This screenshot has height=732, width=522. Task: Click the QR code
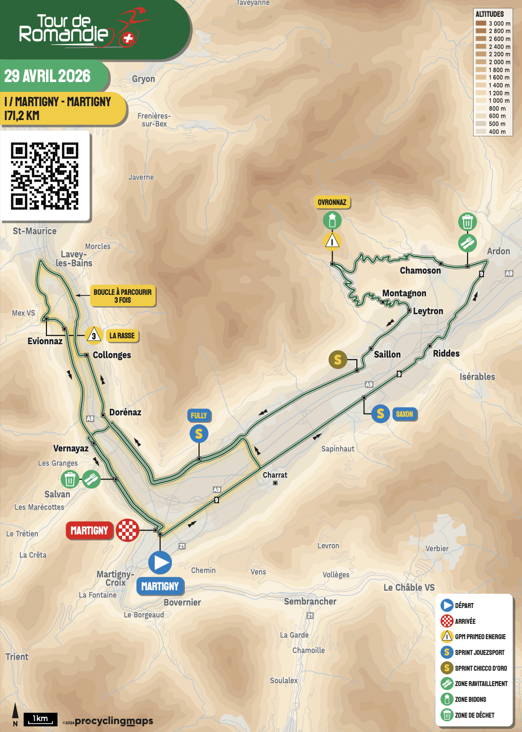(45, 176)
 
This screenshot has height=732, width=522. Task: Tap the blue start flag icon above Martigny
(160, 563)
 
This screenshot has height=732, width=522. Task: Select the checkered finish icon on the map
(128, 530)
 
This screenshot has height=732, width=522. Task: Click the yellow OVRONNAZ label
(332, 202)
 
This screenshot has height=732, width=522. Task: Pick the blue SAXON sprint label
(404, 414)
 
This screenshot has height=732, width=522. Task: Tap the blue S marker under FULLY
(199, 434)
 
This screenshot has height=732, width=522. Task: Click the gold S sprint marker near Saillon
(338, 360)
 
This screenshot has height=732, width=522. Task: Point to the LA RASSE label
(122, 336)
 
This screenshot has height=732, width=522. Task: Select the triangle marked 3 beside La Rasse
(94, 335)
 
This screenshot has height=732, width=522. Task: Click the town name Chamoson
(420, 270)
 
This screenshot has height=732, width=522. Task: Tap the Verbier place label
(437, 548)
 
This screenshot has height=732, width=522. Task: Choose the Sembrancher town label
(310, 601)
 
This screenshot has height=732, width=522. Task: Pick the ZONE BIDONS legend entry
(470, 699)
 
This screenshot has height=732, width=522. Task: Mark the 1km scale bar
(40, 720)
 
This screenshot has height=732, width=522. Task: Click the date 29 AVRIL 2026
(47, 76)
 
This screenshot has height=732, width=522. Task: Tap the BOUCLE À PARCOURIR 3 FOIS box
(123, 296)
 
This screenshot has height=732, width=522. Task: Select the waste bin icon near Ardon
(467, 222)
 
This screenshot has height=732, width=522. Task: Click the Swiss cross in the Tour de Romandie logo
(128, 39)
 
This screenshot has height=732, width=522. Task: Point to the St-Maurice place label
(35, 231)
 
